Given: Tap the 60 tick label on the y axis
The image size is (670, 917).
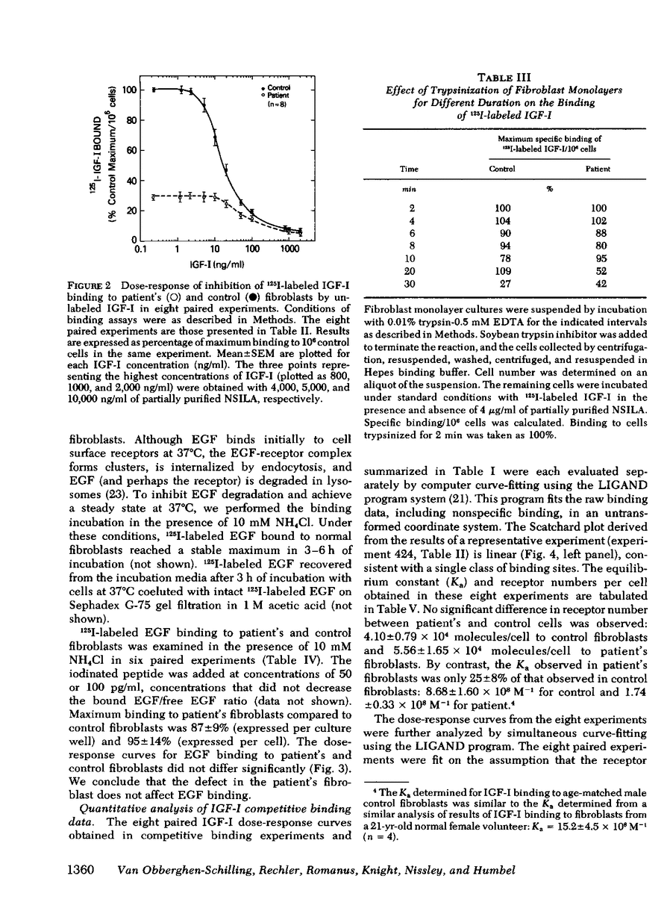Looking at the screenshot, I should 132,150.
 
